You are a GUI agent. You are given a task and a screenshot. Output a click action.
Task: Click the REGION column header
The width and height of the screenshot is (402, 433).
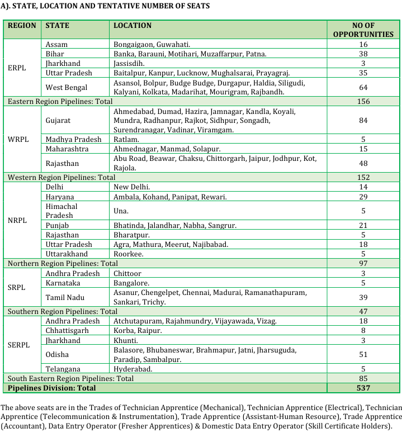pos(22,26)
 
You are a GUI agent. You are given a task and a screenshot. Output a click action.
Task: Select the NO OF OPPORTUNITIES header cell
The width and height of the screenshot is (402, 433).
pos(363,30)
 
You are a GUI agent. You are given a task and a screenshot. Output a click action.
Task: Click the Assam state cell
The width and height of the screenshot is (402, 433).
pos(56,44)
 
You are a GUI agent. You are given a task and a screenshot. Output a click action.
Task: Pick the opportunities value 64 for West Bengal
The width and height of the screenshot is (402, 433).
pos(363,87)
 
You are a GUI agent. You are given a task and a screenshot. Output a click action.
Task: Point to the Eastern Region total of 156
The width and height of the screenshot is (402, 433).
pos(363,102)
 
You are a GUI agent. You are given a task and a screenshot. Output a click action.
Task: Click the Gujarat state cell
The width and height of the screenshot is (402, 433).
pos(59,120)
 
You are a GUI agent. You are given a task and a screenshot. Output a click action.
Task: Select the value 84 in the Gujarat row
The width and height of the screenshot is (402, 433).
pos(363,120)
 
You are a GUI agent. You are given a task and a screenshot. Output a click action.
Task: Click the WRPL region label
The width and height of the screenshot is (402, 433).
pos(18,139)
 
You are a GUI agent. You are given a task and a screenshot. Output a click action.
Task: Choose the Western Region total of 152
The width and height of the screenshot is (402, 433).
pos(363,177)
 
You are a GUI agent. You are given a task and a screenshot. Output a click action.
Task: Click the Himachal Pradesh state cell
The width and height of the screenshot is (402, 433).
pos(62,211)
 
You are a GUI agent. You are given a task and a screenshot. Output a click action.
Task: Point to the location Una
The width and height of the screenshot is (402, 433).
pos(121,211)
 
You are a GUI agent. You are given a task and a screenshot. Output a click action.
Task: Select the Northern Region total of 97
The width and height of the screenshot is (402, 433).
pos(363,263)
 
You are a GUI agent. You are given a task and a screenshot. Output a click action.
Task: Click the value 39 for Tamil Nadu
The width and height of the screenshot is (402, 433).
pos(363,297)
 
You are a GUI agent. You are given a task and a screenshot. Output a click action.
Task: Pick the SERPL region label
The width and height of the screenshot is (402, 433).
pos(20,345)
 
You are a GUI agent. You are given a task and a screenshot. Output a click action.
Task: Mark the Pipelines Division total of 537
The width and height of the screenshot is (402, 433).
pos(363,388)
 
